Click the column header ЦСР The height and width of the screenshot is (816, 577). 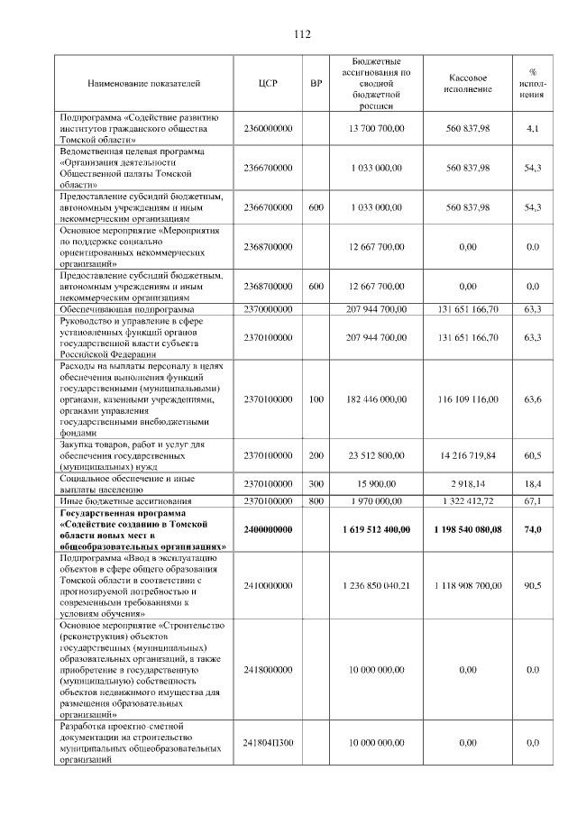pyautogui.click(x=268, y=84)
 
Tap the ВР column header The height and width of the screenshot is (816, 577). pyautogui.click(x=316, y=84)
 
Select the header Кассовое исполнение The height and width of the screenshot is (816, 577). pyautogui.click(x=468, y=84)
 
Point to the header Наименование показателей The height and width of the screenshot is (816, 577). pyautogui.click(x=143, y=84)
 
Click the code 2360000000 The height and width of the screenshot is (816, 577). pyautogui.click(x=268, y=129)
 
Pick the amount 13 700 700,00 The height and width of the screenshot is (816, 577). pyautogui.click(x=375, y=129)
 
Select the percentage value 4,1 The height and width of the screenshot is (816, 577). pyautogui.click(x=533, y=129)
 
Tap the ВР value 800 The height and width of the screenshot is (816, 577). pyautogui.click(x=316, y=500)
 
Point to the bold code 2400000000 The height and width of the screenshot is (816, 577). pyautogui.click(x=268, y=529)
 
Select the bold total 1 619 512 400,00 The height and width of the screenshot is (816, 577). pyautogui.click(x=375, y=529)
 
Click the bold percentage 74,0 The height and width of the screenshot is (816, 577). pyautogui.click(x=533, y=529)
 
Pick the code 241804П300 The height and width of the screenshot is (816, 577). pyautogui.click(x=268, y=742)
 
